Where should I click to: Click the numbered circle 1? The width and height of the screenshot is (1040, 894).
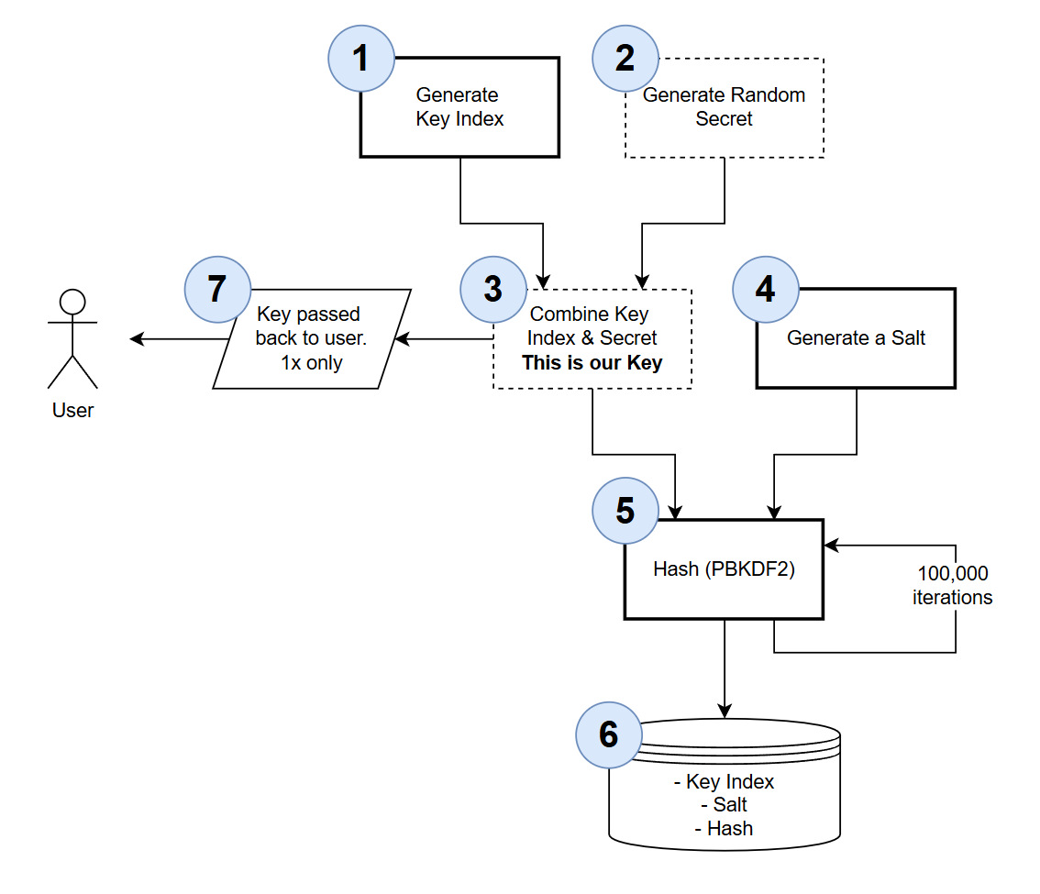point(361,59)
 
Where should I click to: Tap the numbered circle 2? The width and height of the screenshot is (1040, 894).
point(625,59)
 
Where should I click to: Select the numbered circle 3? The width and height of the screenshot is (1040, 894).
point(493,289)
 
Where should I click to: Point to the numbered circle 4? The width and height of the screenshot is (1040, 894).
point(766,289)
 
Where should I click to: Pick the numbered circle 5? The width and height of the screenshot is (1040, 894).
point(625,511)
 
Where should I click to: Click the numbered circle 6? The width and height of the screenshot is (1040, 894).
point(609,734)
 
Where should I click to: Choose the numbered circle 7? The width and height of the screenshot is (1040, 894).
point(217,289)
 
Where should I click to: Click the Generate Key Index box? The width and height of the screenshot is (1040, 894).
point(459,107)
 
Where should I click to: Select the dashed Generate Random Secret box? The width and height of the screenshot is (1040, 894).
point(725,107)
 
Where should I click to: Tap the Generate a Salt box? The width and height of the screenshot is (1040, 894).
point(856,338)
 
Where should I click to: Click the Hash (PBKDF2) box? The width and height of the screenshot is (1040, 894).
point(724,569)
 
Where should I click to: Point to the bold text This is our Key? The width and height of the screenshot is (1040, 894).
point(592,363)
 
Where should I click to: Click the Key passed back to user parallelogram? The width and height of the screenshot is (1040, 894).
point(312,339)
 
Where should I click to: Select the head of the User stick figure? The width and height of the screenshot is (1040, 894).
point(72,302)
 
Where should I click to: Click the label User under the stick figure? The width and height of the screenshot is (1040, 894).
point(72,411)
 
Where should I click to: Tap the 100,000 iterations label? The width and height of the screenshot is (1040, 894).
point(952,585)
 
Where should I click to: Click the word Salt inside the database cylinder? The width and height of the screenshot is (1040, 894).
point(730,805)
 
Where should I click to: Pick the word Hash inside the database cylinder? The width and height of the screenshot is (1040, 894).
point(730,829)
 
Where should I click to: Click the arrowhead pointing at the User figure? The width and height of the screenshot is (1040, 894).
point(137,339)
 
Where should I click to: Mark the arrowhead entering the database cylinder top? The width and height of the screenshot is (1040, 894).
point(725,711)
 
